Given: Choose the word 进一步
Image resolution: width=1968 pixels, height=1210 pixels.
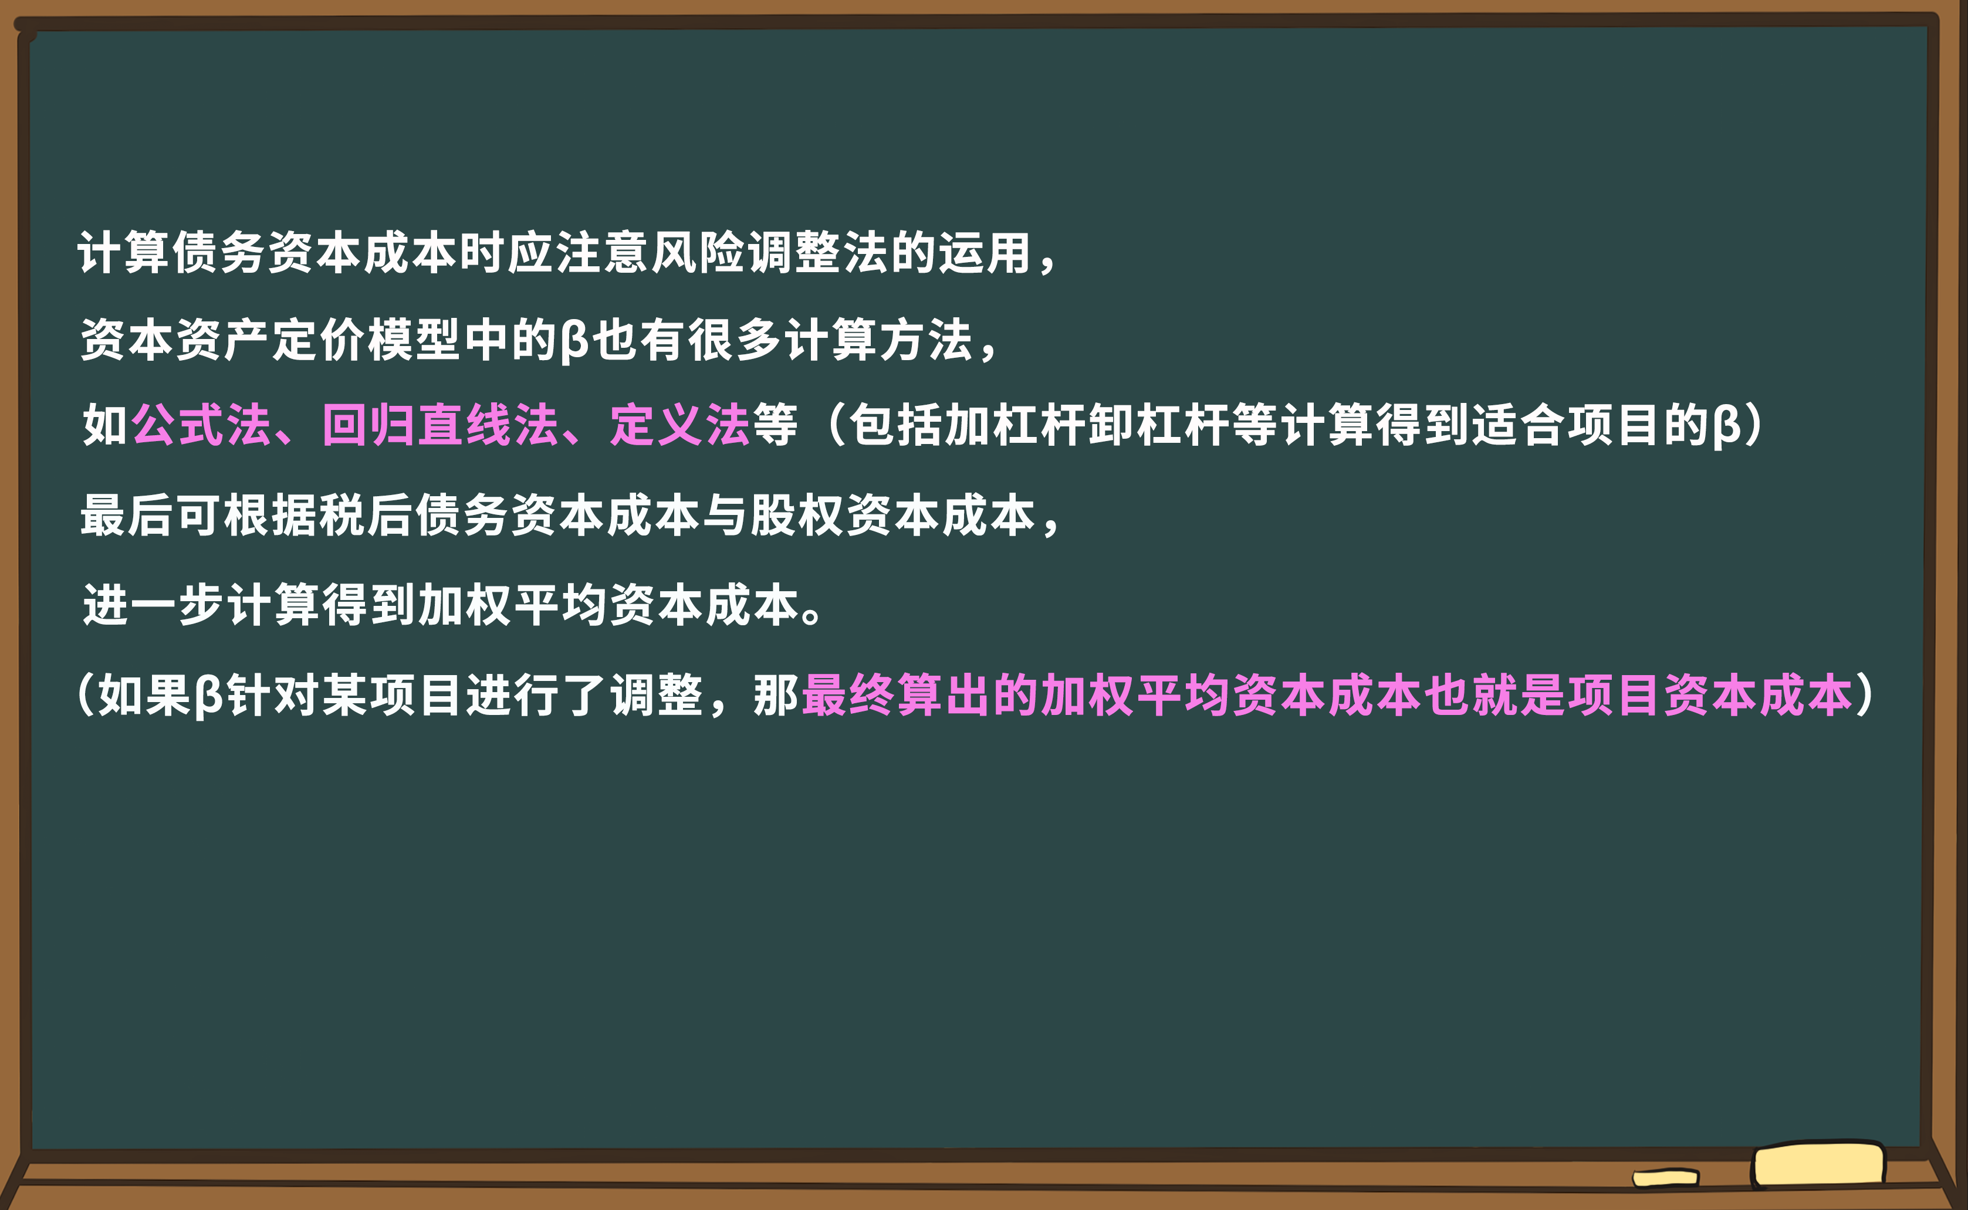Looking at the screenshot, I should [x=153, y=604].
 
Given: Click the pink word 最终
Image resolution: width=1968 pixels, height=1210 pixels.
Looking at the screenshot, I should [x=848, y=694].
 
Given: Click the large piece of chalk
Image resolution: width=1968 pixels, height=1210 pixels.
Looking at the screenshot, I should [x=1818, y=1164].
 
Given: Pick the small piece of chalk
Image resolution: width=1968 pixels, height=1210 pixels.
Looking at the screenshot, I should [x=1665, y=1178].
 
